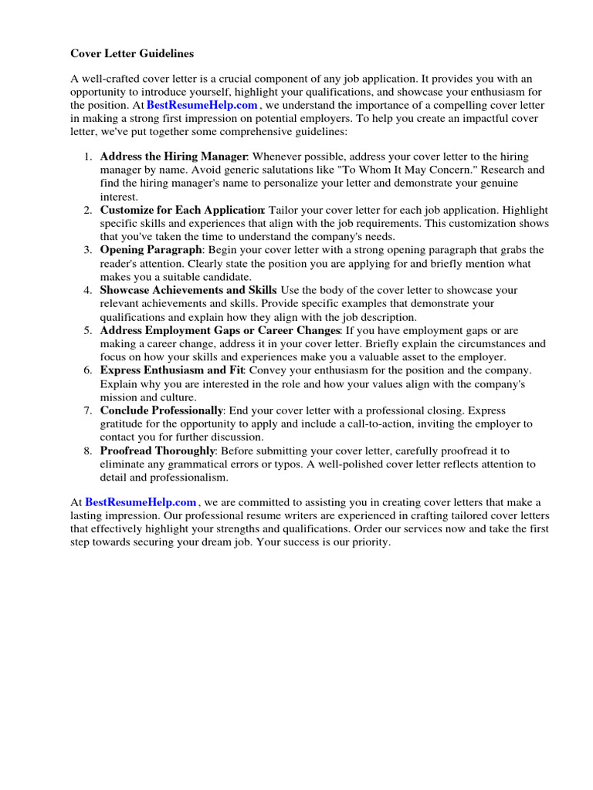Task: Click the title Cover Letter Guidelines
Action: (132, 54)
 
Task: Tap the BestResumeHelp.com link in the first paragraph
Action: (202, 105)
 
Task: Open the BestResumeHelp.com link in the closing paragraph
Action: (141, 502)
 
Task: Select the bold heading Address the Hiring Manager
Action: (174, 157)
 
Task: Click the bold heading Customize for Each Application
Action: (182, 210)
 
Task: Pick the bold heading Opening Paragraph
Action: (151, 250)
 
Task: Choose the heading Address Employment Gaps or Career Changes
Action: (219, 330)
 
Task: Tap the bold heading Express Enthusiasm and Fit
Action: (172, 370)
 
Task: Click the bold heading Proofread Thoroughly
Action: (158, 451)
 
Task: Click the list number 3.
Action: (88, 250)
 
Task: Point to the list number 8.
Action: (88, 451)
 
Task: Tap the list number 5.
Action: (88, 330)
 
